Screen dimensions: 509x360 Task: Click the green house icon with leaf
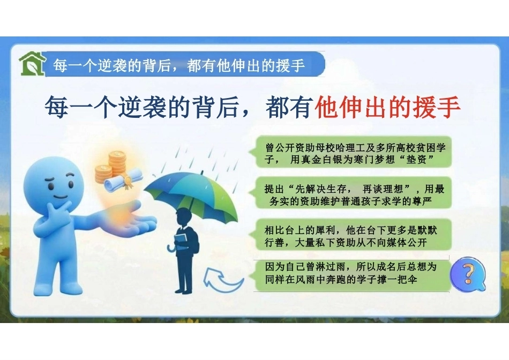point(32,64)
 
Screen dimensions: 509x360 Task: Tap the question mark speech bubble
point(468,274)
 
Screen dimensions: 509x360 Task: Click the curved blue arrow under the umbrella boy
point(223,280)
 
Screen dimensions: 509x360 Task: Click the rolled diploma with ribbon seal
point(123,180)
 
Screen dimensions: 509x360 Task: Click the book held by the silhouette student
point(181,239)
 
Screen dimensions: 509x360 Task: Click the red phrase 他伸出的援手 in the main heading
point(387,107)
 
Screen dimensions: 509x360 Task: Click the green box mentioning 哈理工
point(354,152)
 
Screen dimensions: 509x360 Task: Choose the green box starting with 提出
point(354,193)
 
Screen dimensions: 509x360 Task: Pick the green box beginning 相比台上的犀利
point(354,235)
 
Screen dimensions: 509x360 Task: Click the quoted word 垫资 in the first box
point(416,160)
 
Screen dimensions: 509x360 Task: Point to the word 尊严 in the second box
point(422,201)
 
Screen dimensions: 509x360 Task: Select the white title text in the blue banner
point(179,65)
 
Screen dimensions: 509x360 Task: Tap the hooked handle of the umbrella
point(171,247)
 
